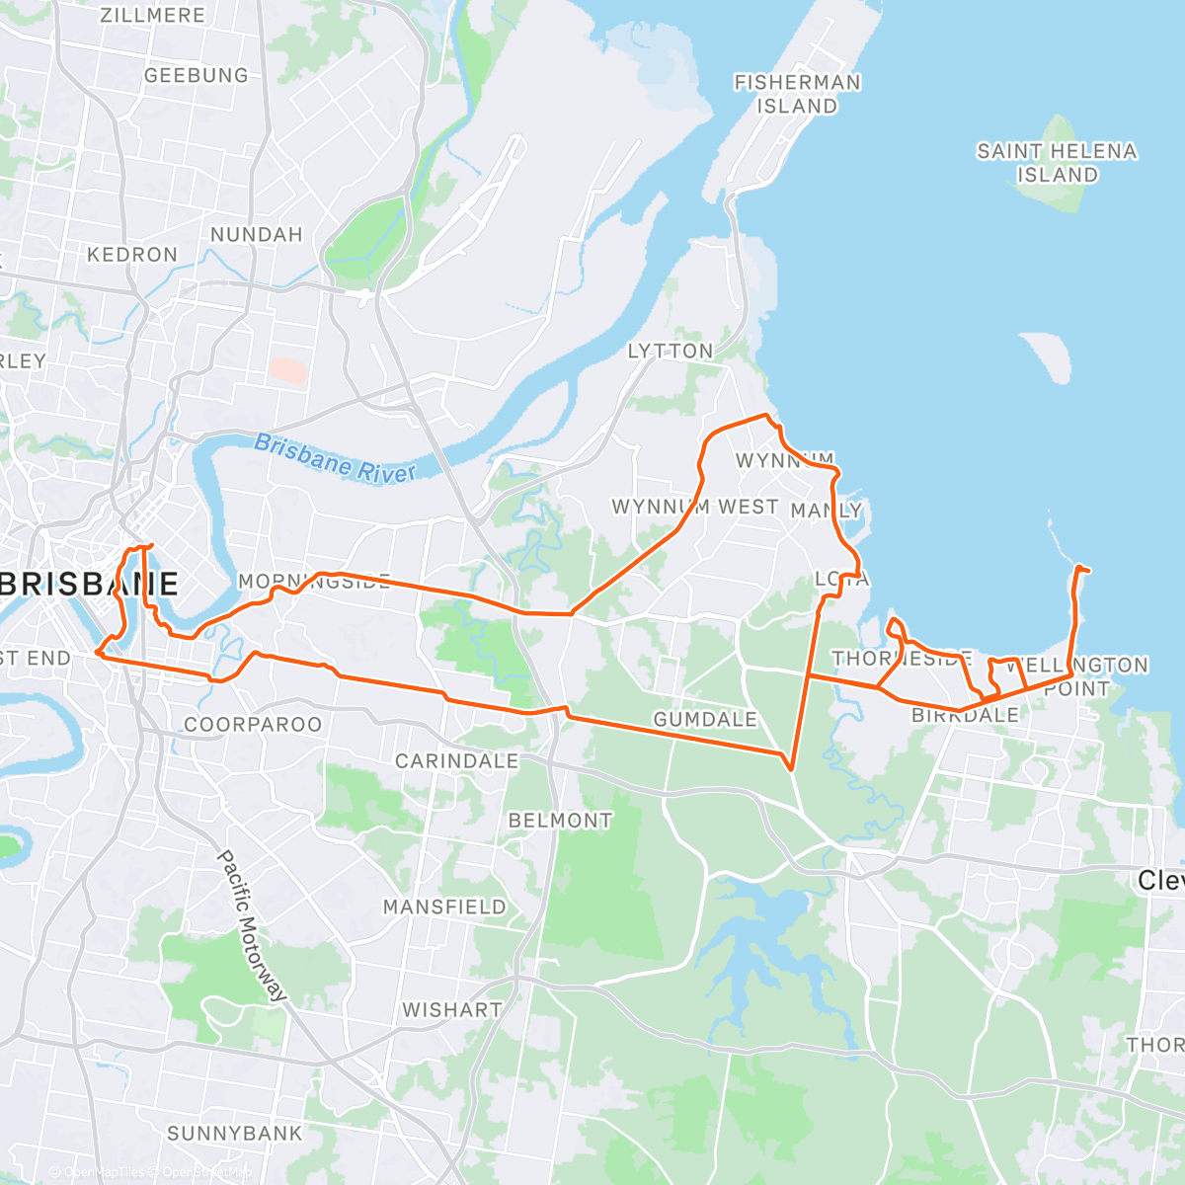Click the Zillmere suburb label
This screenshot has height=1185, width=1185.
(x=152, y=16)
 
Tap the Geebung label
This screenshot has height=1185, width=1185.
(x=197, y=75)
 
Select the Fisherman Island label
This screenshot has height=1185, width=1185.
(x=797, y=94)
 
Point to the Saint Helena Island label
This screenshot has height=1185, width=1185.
(x=1057, y=163)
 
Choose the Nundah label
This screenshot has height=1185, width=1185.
(x=256, y=234)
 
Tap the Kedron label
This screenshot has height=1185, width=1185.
(x=132, y=255)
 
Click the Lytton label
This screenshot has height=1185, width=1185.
(x=671, y=351)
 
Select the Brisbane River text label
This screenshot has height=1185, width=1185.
(x=336, y=458)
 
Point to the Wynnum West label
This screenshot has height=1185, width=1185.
(x=695, y=507)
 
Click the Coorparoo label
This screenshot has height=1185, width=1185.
(x=253, y=724)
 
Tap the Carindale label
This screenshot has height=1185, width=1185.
(x=456, y=760)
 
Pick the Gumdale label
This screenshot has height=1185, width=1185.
(x=705, y=719)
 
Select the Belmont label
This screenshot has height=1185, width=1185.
(x=560, y=820)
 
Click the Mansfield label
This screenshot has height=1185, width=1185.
(x=444, y=907)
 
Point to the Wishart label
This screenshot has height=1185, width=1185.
(x=451, y=1009)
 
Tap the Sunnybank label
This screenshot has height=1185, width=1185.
(x=235, y=1133)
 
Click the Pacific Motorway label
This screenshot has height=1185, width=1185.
(x=252, y=924)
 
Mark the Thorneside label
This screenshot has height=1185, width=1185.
(x=902, y=659)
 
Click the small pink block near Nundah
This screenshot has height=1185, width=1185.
(x=288, y=370)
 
